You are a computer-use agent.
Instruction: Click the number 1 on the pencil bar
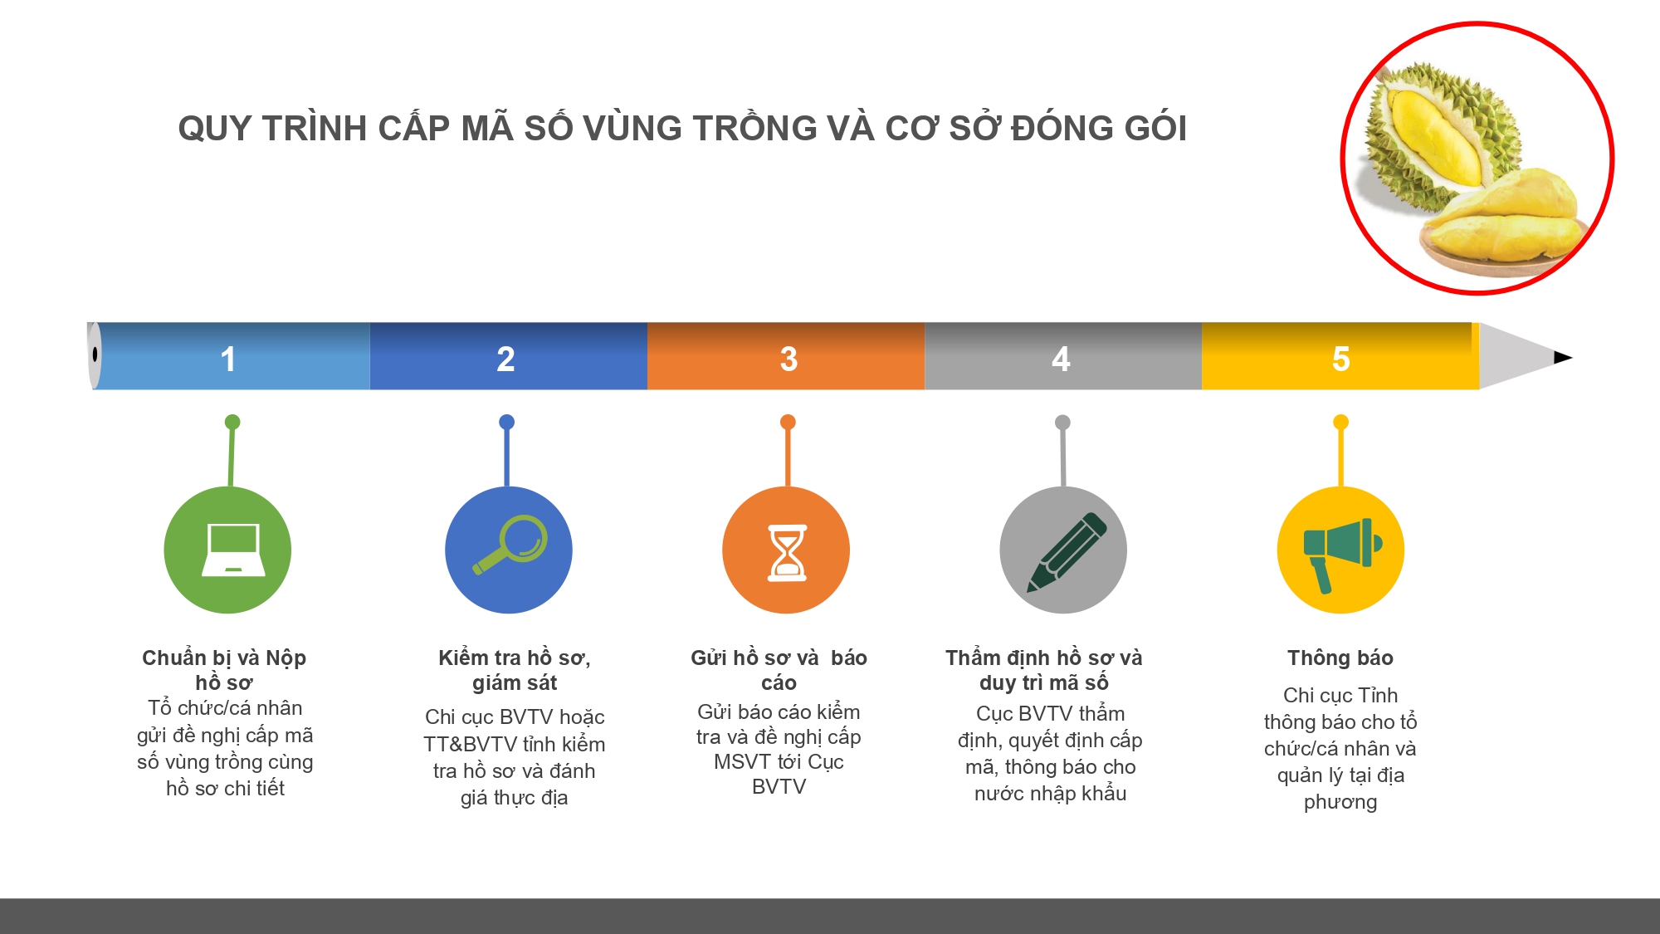[228, 359]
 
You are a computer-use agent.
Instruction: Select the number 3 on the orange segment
[788, 359]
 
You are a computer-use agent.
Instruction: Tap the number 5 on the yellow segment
[1341, 359]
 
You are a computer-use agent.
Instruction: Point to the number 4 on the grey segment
[1061, 359]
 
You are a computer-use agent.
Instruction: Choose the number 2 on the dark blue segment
[505, 359]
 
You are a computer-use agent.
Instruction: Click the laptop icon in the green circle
[234, 550]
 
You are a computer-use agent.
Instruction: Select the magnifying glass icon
[510, 545]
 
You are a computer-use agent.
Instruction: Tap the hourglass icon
[787, 552]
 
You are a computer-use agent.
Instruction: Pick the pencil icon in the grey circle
[1067, 552]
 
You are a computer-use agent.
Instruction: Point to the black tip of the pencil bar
[1563, 358]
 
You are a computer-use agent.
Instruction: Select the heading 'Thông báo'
[1340, 658]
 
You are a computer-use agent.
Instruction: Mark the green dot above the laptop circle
[232, 422]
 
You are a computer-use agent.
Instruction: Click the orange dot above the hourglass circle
[788, 422]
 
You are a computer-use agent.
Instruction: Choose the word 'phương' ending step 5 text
[1340, 803]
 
